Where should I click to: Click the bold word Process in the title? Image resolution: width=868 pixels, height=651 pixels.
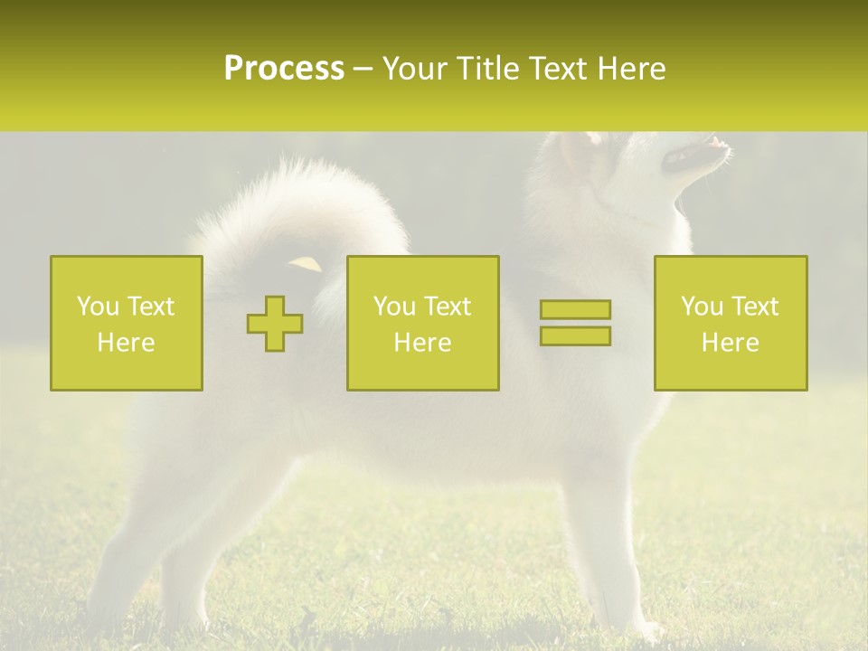[284, 69]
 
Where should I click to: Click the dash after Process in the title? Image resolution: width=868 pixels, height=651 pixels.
[363, 70]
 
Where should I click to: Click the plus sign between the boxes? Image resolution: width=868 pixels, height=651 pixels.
[275, 324]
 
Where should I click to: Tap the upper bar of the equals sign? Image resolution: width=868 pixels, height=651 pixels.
[575, 309]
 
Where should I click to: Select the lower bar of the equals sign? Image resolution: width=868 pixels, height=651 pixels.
[575, 335]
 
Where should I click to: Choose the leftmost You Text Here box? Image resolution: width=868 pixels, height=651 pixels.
[127, 323]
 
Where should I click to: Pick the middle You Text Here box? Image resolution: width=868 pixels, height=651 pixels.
[422, 323]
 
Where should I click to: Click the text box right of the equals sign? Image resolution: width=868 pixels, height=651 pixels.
[730, 323]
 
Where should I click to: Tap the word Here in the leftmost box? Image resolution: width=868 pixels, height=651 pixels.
[127, 343]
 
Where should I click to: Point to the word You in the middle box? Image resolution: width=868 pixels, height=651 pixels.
[394, 307]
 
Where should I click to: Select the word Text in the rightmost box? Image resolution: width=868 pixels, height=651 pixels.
[755, 307]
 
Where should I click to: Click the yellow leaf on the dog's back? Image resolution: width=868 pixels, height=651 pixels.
[305, 263]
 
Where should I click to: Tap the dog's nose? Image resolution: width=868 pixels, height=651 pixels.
[719, 142]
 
